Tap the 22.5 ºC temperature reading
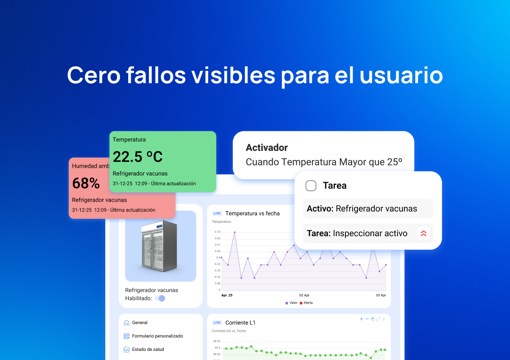[x=138, y=156]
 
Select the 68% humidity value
[x=86, y=183]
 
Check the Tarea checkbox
[x=311, y=186]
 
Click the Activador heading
[x=266, y=148]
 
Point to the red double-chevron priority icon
[x=423, y=233]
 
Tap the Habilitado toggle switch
[x=160, y=298]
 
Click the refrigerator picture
[x=160, y=245]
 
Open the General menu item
[x=140, y=323]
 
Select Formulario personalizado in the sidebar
[x=157, y=336]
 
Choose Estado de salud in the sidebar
[x=148, y=349]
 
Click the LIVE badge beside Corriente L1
[x=217, y=323]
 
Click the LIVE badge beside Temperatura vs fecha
[x=217, y=213]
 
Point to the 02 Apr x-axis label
[x=304, y=295]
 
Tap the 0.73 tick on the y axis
[x=217, y=232]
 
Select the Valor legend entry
[x=291, y=303]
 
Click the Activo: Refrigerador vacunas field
[x=362, y=208]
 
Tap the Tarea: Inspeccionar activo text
[x=357, y=233]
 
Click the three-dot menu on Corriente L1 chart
[x=384, y=319]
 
